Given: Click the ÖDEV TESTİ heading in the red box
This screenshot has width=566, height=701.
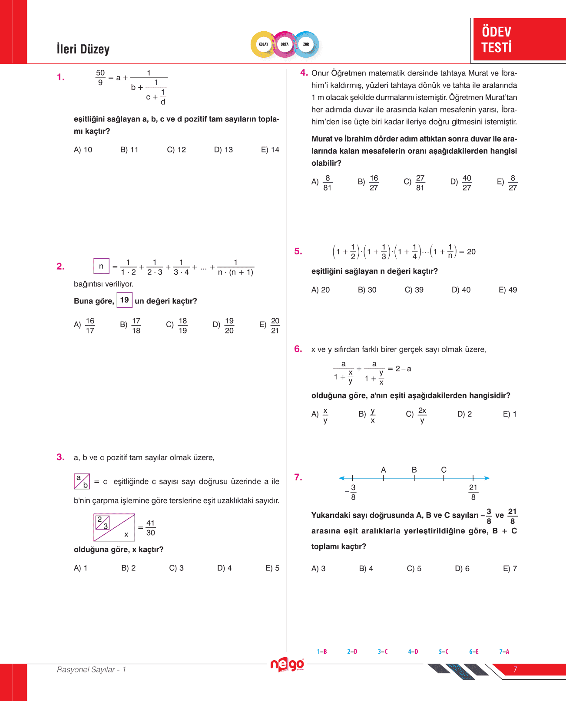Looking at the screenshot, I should pyautogui.click(x=496, y=39).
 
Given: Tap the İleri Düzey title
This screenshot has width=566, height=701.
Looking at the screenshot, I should pyautogui.click(x=83, y=49).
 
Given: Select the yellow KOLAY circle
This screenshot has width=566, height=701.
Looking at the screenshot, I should pyautogui.click(x=264, y=44).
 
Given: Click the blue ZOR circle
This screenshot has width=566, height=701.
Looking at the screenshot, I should pyautogui.click(x=306, y=44).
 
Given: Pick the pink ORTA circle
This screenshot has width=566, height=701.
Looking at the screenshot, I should pyautogui.click(x=285, y=44).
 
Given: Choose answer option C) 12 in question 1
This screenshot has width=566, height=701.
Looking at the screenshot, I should pyautogui.click(x=176, y=150).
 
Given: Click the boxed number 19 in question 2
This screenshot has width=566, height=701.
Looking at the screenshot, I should pyautogui.click(x=125, y=300).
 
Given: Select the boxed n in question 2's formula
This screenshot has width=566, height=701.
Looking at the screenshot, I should pyautogui.click(x=101, y=266).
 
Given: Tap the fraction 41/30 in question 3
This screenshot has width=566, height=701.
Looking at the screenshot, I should pyautogui.click(x=150, y=528).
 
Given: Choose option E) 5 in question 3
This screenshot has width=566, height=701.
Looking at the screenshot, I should pyautogui.click(x=272, y=568).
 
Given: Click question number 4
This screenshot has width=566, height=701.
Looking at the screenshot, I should pyautogui.click(x=304, y=72).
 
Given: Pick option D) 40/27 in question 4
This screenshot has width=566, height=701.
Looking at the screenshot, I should pyautogui.click(x=461, y=183).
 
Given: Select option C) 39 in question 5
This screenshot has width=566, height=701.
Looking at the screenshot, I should pyautogui.click(x=414, y=290).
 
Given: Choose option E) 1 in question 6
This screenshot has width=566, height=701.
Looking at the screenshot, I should pyautogui.click(x=510, y=414).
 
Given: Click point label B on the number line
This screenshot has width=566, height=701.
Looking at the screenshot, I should pyautogui.click(x=414, y=470).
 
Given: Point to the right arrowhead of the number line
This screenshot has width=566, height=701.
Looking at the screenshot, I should pyautogui.click(x=487, y=478).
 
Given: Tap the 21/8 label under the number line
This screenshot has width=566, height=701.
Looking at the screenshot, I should pyautogui.click(x=473, y=492).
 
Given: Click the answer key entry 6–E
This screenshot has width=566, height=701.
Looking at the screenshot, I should pyautogui.click(x=473, y=652).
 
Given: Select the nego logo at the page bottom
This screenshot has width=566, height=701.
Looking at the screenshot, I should pyautogui.click(x=287, y=665).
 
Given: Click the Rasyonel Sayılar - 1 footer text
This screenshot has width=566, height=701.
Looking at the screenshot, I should pyautogui.click(x=91, y=670).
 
